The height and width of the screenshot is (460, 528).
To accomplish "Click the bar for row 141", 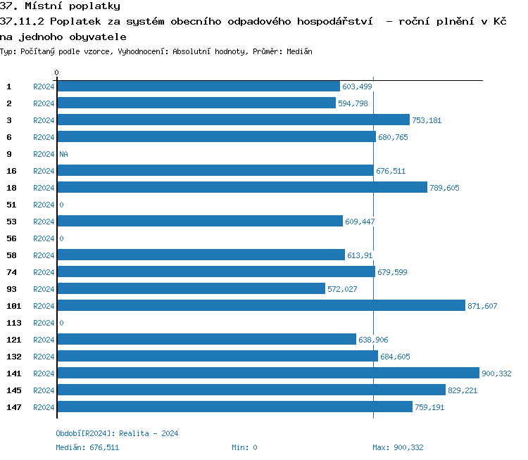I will [268, 373].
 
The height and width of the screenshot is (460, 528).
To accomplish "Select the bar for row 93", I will [191, 288].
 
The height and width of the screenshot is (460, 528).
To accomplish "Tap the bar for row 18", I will [241, 187].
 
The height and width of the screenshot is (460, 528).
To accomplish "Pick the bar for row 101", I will [261, 305].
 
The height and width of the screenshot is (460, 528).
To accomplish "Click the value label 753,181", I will [427, 120].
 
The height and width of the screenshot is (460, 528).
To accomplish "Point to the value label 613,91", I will [360, 255].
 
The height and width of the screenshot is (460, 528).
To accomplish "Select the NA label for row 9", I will [63, 154].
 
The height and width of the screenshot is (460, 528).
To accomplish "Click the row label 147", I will [13, 407].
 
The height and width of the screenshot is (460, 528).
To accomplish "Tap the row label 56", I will [11, 238].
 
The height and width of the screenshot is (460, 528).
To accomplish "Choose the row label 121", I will [13, 340].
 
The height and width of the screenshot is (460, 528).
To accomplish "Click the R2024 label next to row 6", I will [44, 137].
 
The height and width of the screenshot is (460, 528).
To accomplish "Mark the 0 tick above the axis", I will [57, 72].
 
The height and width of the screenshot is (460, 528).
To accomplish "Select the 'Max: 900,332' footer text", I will [398, 447].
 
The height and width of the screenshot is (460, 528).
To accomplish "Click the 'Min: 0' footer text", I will [244, 447].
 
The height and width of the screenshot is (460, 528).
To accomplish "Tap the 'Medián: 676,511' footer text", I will [87, 447].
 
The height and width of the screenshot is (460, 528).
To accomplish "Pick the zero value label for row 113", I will [61, 323].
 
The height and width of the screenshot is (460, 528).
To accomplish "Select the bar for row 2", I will [196, 103].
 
